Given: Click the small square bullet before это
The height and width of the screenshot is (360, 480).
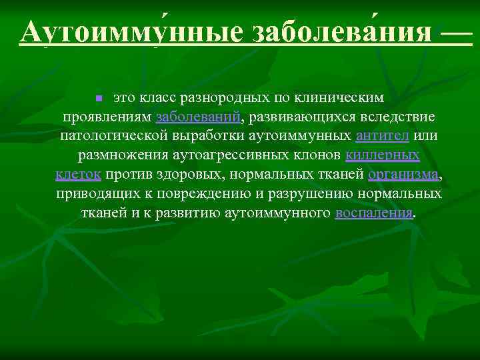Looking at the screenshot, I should click(x=99, y=99).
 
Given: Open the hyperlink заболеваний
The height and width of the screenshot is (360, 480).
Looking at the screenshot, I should click(x=198, y=117).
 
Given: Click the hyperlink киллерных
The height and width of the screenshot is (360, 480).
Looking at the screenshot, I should click(x=383, y=156).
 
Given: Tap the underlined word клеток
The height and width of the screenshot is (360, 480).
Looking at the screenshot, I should click(x=78, y=175).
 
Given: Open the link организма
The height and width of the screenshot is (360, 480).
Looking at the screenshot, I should click(x=403, y=175).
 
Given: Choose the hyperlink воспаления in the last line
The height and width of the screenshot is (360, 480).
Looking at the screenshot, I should click(x=373, y=213).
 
